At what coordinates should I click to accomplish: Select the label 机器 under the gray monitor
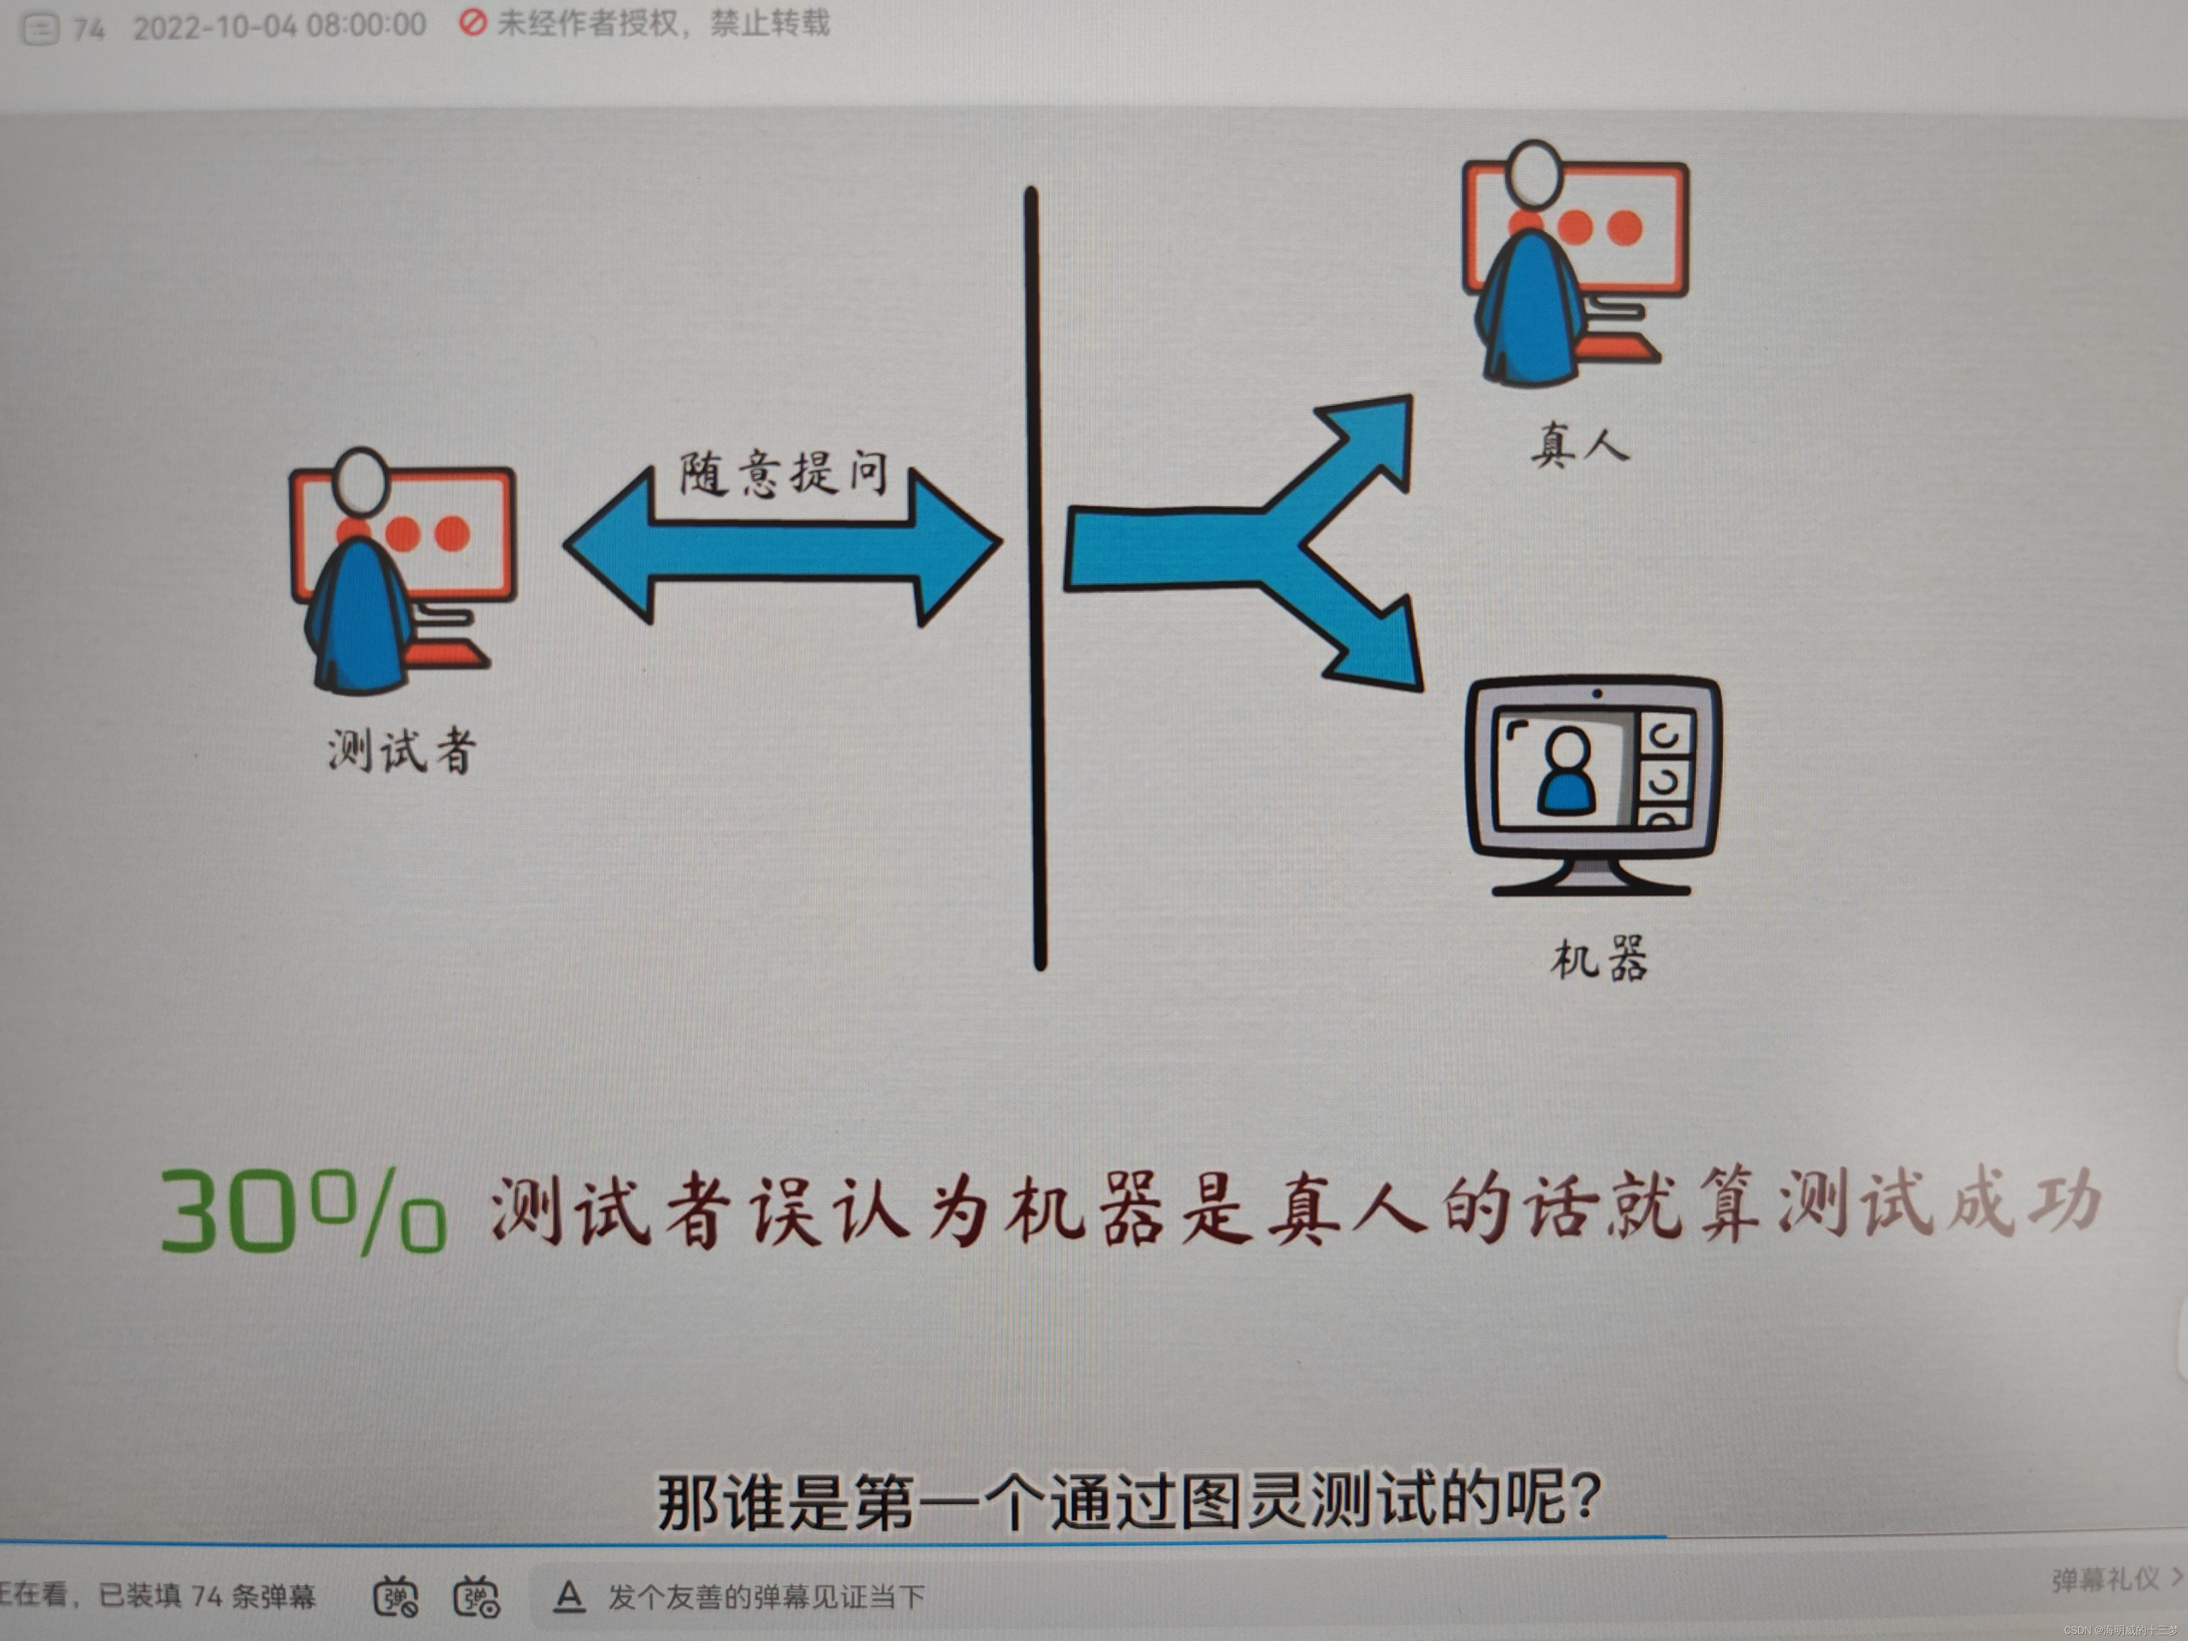(1599, 957)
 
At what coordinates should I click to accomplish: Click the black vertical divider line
(1035, 578)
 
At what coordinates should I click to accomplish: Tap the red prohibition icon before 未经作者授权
(473, 23)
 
